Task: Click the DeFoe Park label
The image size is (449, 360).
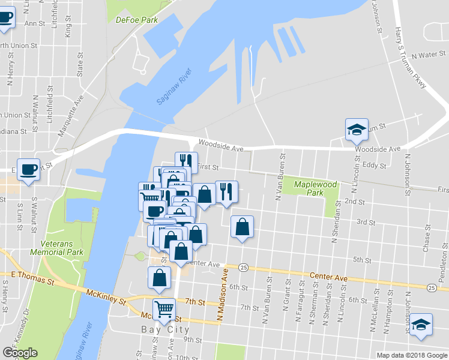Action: tap(136, 19)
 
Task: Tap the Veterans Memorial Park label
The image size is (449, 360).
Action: tap(62, 248)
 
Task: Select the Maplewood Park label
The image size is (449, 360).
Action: tap(315, 188)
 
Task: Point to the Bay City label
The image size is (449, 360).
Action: tap(166, 329)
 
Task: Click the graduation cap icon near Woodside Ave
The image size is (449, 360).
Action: tap(356, 129)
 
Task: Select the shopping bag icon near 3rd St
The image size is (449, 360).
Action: tap(242, 227)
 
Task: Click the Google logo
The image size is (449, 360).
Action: tap(20, 353)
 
